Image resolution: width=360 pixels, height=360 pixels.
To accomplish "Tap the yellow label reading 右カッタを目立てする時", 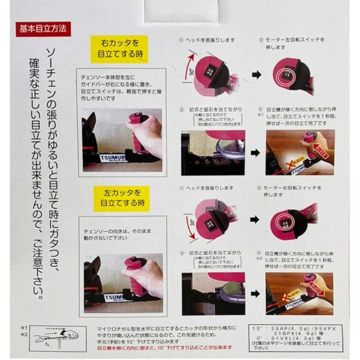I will [119, 49].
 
